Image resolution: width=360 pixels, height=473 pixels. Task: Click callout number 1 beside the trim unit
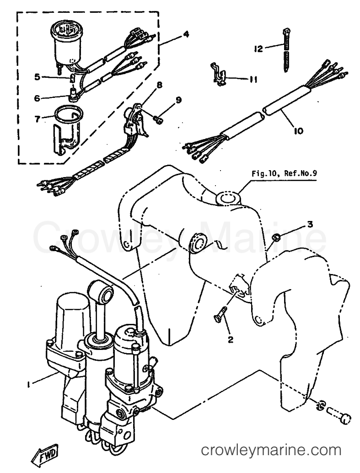(30, 386)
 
